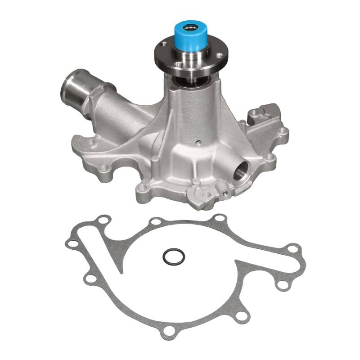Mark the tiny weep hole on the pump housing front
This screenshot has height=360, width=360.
coord(198,144)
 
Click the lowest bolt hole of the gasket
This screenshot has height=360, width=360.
coord(170,332)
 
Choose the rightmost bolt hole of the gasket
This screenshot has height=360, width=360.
coord(293,248)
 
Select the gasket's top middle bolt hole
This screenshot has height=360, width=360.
coord(155,222)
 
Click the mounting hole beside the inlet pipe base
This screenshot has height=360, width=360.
coord(92,143)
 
